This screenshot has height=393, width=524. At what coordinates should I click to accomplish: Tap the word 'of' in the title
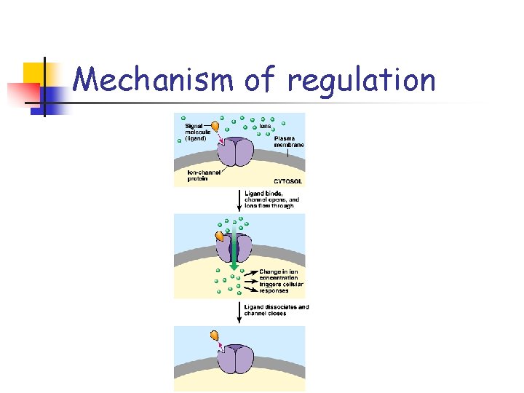(x=261, y=81)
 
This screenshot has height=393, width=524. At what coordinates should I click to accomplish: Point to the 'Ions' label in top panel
(x=266, y=126)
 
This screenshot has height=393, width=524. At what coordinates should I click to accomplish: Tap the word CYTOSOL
(x=287, y=180)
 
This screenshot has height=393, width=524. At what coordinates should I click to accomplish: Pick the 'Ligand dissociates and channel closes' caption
(x=276, y=310)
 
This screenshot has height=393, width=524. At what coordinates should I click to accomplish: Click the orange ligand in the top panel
(x=215, y=126)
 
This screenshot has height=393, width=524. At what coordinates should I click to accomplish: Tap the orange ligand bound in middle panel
(x=219, y=236)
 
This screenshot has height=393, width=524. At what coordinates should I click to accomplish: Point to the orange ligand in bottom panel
(x=214, y=335)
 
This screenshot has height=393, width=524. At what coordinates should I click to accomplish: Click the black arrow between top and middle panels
(x=239, y=199)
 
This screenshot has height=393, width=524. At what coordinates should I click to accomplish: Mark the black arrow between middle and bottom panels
(x=239, y=311)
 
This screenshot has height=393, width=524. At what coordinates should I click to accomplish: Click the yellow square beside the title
(x=33, y=74)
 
